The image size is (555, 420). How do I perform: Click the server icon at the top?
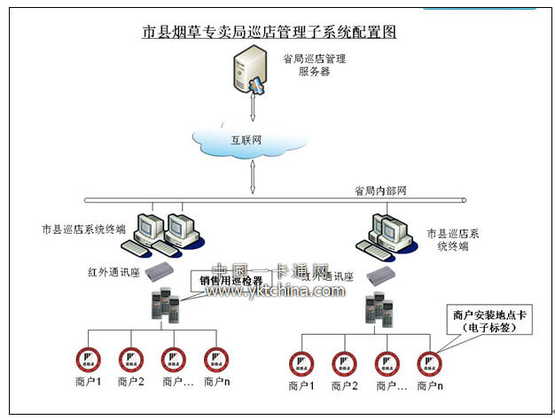pyautogui.click(x=248, y=71)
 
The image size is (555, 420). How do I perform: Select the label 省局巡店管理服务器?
pyautogui.click(x=313, y=65)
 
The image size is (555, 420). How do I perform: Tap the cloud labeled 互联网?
pyautogui.click(x=251, y=140)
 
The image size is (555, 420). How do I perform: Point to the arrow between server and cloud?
pyautogui.click(x=254, y=107)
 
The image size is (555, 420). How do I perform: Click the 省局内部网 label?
pyautogui.click(x=379, y=191)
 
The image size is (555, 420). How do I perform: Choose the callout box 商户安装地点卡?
pyautogui.click(x=483, y=320)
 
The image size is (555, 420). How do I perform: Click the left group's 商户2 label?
pyautogui.click(x=129, y=382)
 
